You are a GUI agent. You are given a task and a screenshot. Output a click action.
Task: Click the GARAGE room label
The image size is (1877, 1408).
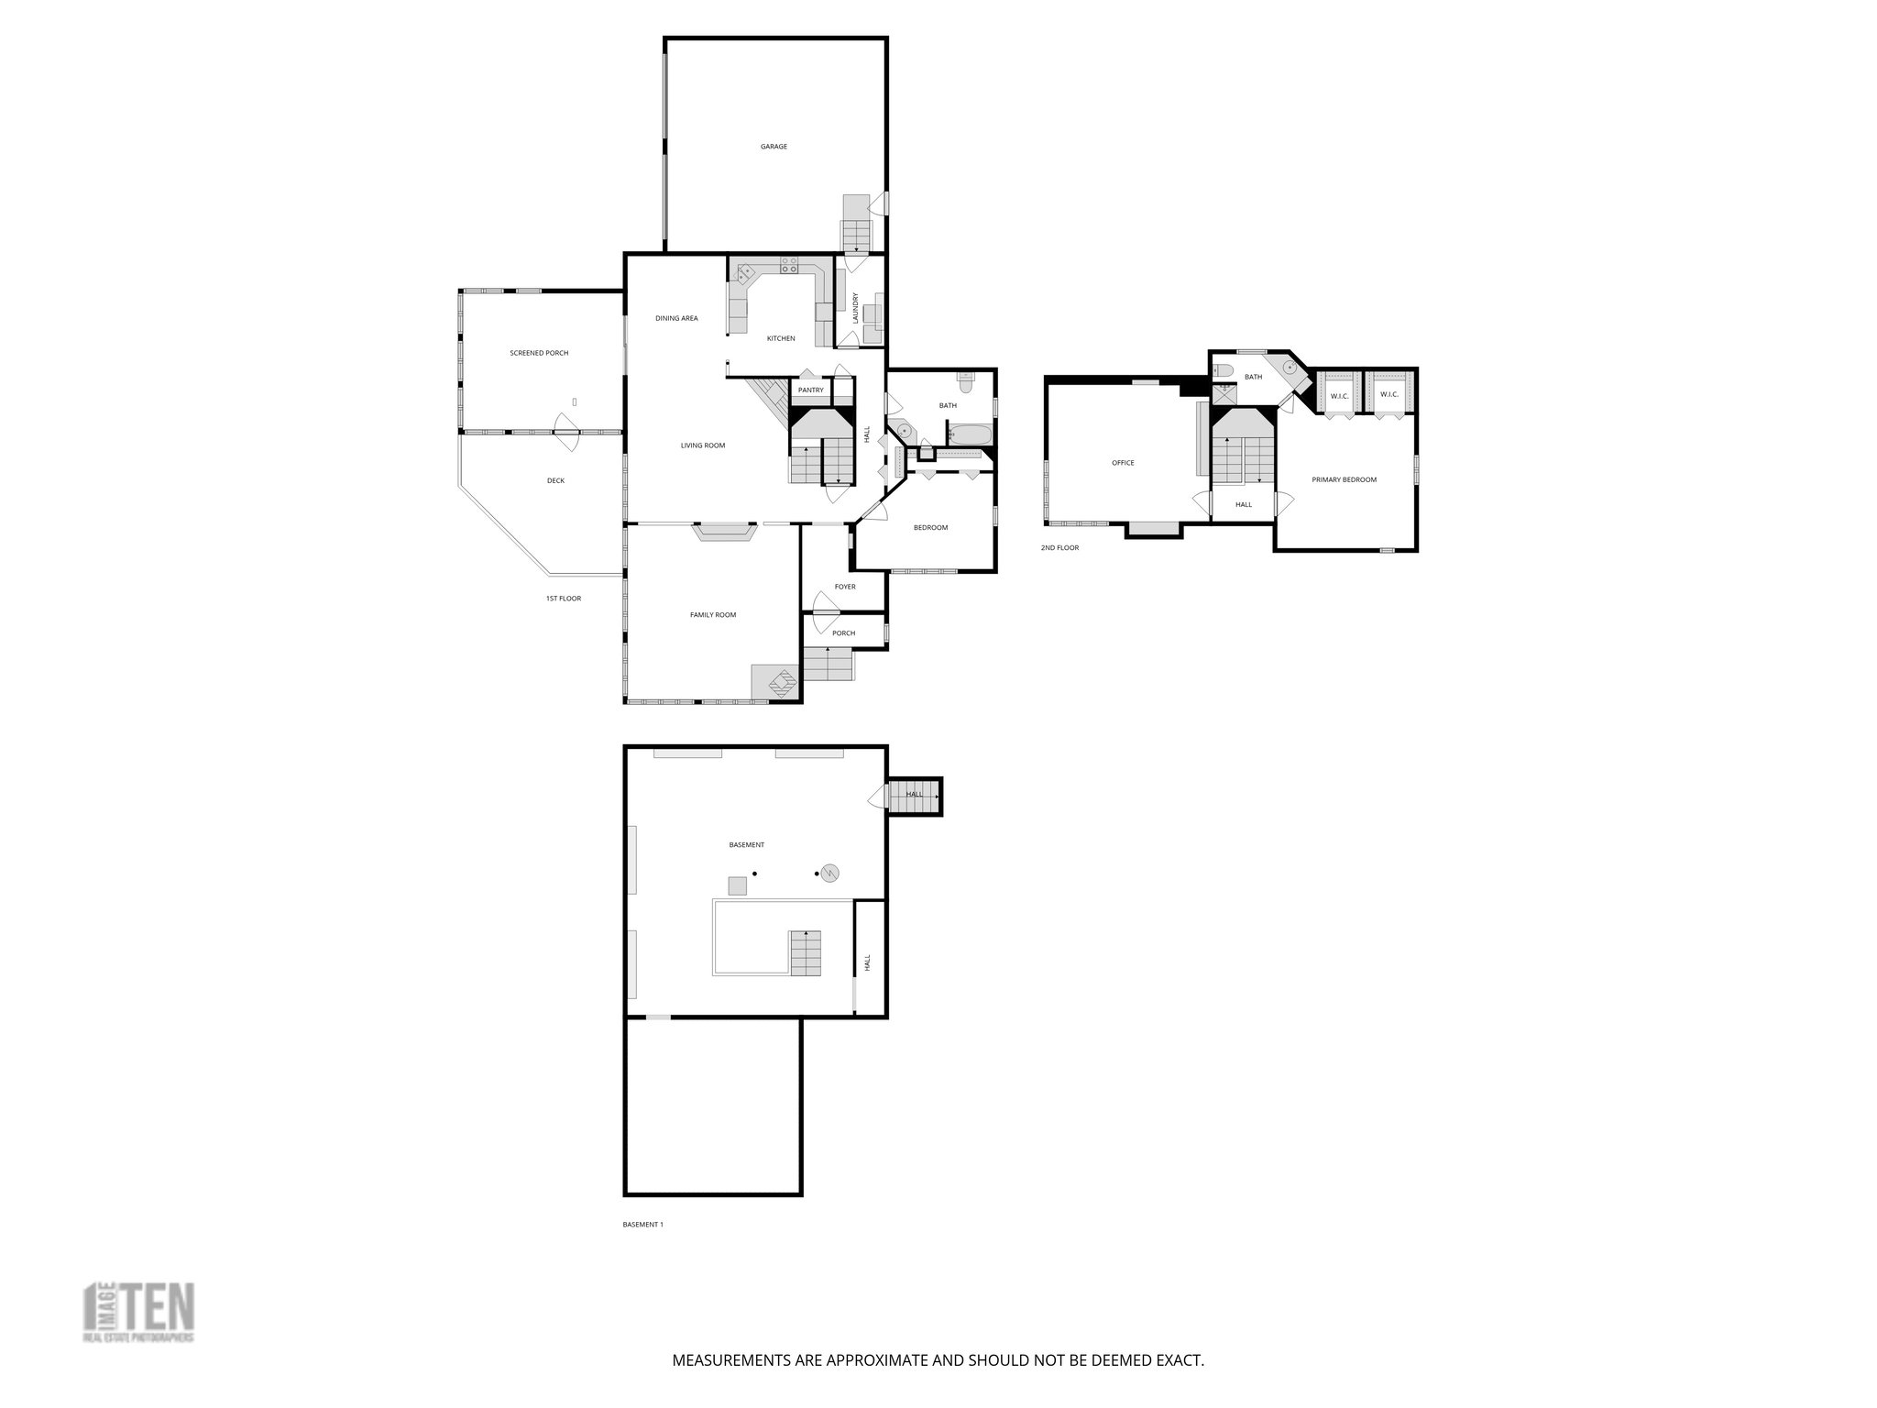pyautogui.click(x=774, y=147)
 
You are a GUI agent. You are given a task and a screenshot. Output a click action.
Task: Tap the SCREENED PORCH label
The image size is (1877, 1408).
pyautogui.click(x=539, y=353)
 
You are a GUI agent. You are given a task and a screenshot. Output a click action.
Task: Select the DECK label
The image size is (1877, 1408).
pyautogui.click(x=555, y=480)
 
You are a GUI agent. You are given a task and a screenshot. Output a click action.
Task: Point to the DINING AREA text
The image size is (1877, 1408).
pyautogui.click(x=676, y=318)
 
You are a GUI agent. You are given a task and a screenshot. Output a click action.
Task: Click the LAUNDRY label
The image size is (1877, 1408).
pyautogui.click(x=856, y=307)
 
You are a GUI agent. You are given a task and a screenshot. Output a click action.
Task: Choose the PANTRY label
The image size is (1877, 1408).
pyautogui.click(x=810, y=390)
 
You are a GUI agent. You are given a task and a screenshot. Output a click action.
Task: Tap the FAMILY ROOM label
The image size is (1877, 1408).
pyautogui.click(x=713, y=615)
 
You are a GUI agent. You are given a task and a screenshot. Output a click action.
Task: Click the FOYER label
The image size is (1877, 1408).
pyautogui.click(x=845, y=587)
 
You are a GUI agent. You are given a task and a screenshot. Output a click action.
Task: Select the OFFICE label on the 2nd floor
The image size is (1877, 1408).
pyautogui.click(x=1123, y=463)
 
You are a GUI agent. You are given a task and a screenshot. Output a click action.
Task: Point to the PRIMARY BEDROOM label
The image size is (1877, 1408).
pyautogui.click(x=1344, y=479)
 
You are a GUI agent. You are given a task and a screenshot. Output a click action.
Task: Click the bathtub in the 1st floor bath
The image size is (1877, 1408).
pyautogui.click(x=969, y=434)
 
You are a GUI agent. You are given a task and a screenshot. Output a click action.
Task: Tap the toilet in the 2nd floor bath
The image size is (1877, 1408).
pyautogui.click(x=1224, y=371)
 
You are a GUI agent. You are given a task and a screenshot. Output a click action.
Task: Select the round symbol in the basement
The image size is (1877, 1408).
pyautogui.click(x=830, y=873)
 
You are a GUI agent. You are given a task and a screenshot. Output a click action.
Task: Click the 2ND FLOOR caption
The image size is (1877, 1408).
pyautogui.click(x=1059, y=547)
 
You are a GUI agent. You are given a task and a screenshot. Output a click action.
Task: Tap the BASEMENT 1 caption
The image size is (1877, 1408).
pyautogui.click(x=642, y=1224)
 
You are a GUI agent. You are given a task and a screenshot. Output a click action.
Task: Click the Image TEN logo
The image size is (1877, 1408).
pyautogui.click(x=138, y=1313)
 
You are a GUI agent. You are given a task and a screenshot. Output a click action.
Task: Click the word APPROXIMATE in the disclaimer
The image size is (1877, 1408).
pyautogui.click(x=876, y=1360)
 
